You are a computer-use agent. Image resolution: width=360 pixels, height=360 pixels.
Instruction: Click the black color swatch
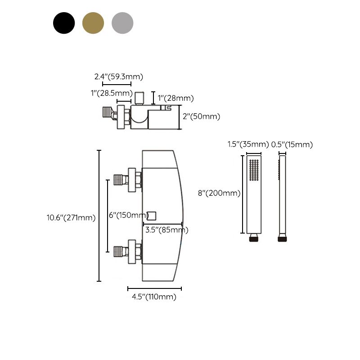click(x=64, y=22)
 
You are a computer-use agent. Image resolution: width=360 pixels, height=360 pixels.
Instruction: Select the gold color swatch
click(x=93, y=22)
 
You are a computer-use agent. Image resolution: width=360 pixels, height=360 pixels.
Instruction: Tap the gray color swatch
click(x=122, y=22)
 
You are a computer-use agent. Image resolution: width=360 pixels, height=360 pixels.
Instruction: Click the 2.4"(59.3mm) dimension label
click(x=118, y=76)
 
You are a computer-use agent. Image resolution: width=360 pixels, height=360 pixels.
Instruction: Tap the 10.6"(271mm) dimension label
click(x=71, y=218)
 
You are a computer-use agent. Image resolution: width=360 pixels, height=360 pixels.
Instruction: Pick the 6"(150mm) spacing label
click(x=129, y=216)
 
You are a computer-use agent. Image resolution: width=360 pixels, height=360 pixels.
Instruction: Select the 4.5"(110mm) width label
click(x=154, y=297)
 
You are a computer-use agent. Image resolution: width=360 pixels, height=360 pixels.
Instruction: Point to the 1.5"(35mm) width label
click(x=247, y=144)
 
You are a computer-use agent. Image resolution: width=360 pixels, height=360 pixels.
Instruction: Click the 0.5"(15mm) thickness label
click(x=292, y=144)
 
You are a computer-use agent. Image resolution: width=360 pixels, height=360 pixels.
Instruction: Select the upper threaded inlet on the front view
click(x=120, y=180)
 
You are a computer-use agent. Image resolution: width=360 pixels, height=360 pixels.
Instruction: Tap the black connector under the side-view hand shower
click(x=282, y=238)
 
